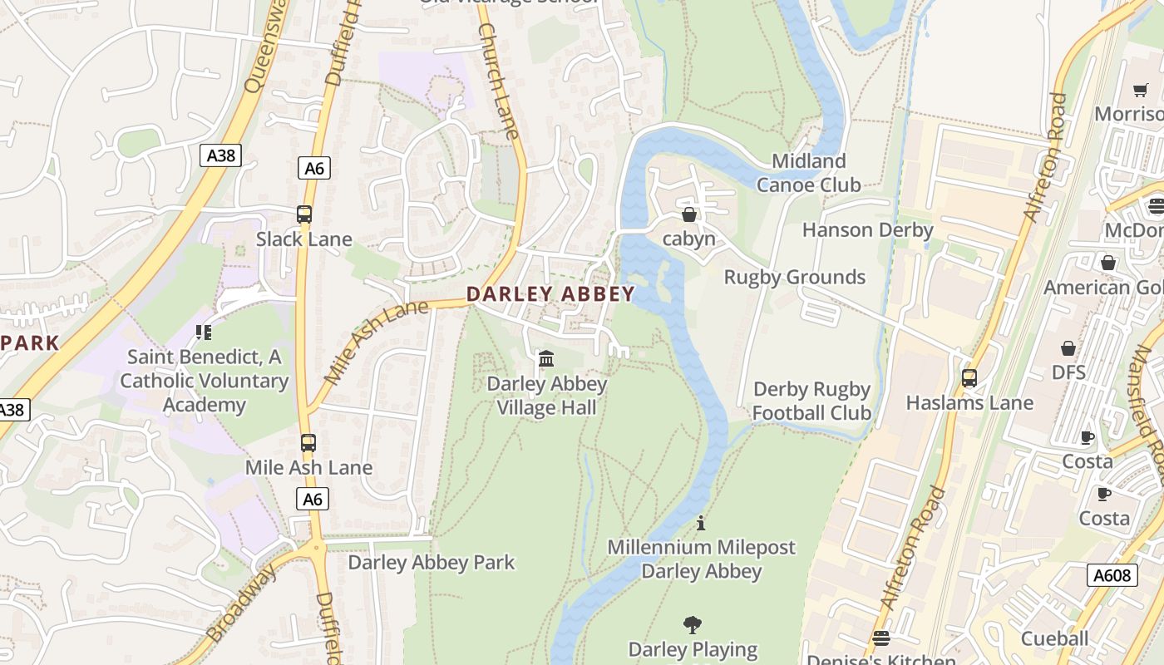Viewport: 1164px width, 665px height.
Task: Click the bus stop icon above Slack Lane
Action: tap(304, 214)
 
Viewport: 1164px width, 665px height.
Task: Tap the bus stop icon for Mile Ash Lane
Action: tap(308, 443)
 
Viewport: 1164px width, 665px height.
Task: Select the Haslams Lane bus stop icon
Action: tap(969, 378)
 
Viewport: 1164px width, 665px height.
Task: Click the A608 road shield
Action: tap(1112, 574)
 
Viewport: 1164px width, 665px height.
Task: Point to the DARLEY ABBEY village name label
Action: tap(550, 293)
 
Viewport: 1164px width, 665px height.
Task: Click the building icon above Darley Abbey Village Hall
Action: tap(546, 358)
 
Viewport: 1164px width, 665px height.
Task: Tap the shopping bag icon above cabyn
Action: tap(688, 214)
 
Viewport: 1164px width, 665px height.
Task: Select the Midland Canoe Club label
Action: tap(808, 173)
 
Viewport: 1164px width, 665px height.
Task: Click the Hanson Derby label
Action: tap(867, 230)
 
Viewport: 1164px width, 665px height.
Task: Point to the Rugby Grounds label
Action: tap(795, 277)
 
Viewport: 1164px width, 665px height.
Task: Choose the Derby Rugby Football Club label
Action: tap(811, 401)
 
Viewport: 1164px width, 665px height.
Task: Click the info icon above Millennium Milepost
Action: tap(701, 523)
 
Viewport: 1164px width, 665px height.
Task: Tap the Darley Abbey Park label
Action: tap(432, 563)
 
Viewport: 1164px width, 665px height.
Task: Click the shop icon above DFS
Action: tap(1068, 348)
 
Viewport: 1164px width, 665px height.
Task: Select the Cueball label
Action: tap(1054, 638)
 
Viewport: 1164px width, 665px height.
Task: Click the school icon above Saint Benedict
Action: tap(204, 332)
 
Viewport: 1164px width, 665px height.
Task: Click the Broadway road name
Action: tap(241, 603)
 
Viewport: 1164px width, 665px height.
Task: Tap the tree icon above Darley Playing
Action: tap(692, 624)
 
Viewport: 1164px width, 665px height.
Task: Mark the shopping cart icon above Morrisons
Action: tap(1140, 90)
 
